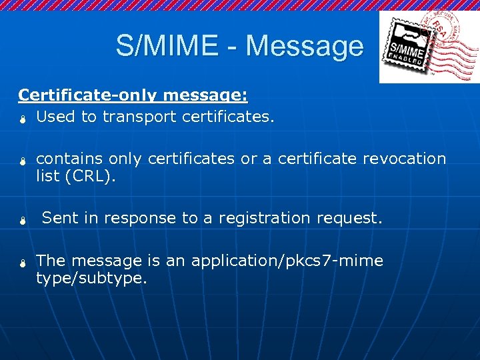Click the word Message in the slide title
(304, 46)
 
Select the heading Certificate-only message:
(133, 95)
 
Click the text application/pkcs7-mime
(287, 261)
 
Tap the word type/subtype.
(91, 278)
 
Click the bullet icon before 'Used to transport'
(21, 119)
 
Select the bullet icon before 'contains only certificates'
(21, 161)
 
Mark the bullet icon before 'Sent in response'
(21, 221)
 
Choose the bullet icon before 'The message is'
(21, 263)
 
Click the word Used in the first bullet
(56, 117)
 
